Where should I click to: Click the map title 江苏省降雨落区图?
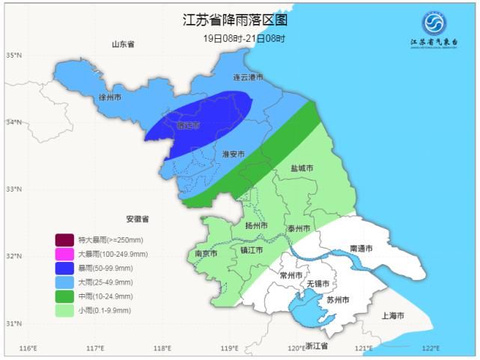pyautogui.click(x=234, y=20)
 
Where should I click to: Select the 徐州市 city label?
pyautogui.click(x=111, y=97)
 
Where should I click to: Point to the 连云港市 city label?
pyautogui.click(x=248, y=77)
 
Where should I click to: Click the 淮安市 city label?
pyautogui.click(x=234, y=153)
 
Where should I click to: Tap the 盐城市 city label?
pyautogui.click(x=303, y=168)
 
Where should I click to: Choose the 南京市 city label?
pyautogui.click(x=205, y=254)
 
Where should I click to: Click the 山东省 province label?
pyautogui.click(x=122, y=44)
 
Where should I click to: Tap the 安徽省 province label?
pyautogui.click(x=137, y=219)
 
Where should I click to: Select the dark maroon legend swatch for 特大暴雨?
pyautogui.click(x=64, y=240)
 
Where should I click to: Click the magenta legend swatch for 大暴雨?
pyautogui.click(x=64, y=254)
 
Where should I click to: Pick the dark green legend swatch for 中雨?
pyautogui.click(x=64, y=296)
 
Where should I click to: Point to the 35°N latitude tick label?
pyautogui.click(x=12, y=55)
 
